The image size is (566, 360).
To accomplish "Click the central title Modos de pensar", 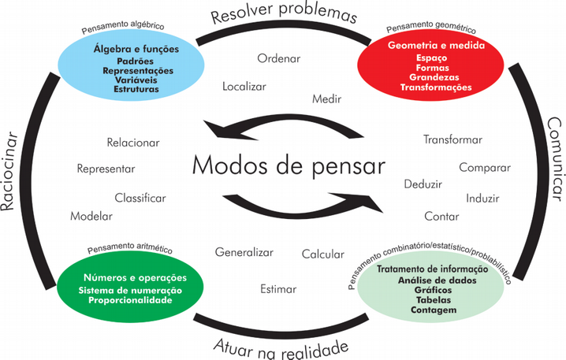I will (x=289, y=166).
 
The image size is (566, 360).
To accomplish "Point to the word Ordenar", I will (x=280, y=58).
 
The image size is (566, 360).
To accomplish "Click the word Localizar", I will (x=244, y=86).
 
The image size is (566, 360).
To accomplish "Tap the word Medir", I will (x=326, y=100).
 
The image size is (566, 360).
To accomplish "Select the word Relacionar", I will (x=133, y=143).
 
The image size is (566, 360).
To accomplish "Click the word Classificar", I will (x=140, y=197).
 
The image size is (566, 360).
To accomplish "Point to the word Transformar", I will (x=452, y=139).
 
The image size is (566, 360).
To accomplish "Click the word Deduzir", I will (x=423, y=184).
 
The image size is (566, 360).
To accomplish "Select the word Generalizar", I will (x=244, y=252).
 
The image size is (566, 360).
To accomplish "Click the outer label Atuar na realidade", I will (x=281, y=347).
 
